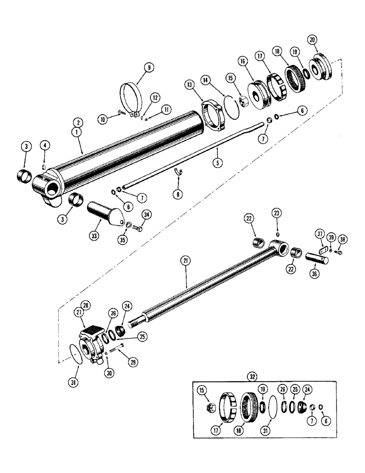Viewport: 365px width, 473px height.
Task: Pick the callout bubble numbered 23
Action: (277, 214)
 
